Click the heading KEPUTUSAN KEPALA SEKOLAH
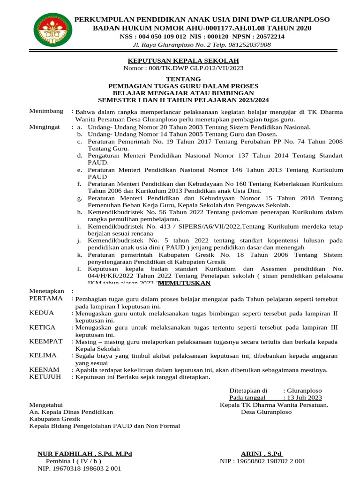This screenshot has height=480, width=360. coord(184,60)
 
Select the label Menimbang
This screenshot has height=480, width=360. coord(46,111)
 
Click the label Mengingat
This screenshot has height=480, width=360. coord(45,127)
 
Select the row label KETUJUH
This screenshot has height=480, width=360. coord(45,376)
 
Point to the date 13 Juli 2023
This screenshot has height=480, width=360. coord(308,397)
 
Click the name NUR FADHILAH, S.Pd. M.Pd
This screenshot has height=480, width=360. coord(85,454)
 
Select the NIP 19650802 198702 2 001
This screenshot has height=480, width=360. coord(262,461)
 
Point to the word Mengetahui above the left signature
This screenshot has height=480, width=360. coord(46,405)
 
